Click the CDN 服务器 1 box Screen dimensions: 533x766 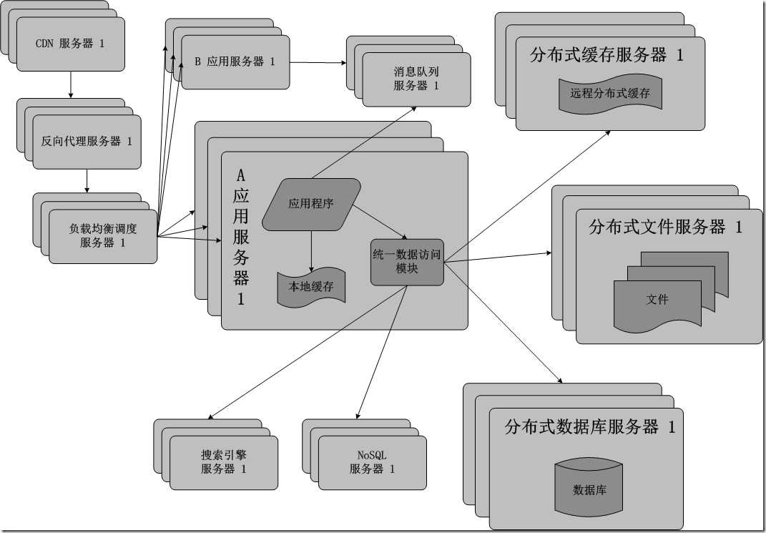70,44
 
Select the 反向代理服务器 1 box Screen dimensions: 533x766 87,142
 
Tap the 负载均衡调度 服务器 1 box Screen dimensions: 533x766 102,235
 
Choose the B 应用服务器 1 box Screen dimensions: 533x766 235,62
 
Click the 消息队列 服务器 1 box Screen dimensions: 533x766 416,79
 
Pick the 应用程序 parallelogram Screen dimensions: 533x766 311,204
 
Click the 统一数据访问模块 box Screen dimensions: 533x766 407,262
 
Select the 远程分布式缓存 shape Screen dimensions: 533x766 610,93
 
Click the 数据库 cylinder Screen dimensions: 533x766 590,490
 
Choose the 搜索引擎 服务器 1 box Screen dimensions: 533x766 223,462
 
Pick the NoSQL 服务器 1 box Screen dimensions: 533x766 372,462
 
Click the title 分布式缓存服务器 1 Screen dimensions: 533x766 607,55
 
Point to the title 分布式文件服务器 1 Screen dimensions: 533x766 665,228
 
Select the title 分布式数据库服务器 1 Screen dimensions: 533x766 589,427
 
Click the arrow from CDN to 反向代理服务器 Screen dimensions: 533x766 70,85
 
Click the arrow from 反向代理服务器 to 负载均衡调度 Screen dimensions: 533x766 87,180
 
